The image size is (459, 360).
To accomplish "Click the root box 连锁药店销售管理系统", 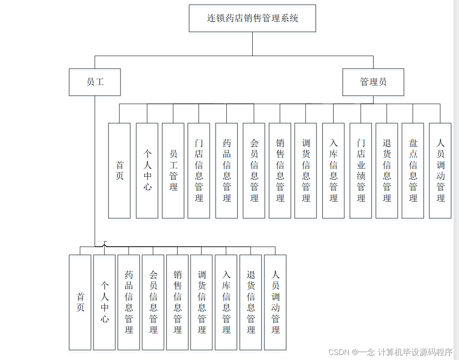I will pyautogui.click(x=252, y=18).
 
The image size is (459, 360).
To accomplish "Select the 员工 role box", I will pyautogui.click(x=95, y=82).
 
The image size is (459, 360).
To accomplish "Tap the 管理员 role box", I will pyautogui.click(x=373, y=82).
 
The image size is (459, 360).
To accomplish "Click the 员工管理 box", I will pyautogui.click(x=173, y=170).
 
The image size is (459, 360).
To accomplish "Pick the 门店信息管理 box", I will pyautogui.click(x=199, y=170).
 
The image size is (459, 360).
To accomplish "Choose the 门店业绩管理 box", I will pyautogui.click(x=361, y=170).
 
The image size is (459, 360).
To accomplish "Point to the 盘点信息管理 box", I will pyautogui.click(x=413, y=170).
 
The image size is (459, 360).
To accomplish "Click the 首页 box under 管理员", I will pyautogui.click(x=119, y=170).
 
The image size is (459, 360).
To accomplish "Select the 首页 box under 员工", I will pyautogui.click(x=80, y=302).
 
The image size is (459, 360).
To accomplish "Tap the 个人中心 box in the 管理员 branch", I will pyautogui.click(x=147, y=170).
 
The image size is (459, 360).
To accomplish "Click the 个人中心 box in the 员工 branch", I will pyautogui.click(x=104, y=302).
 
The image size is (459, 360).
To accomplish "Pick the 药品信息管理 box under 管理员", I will pyautogui.click(x=226, y=170).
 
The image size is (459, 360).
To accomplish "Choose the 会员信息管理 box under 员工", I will pyautogui.click(x=153, y=302).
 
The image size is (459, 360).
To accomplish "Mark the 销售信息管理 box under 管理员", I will pyautogui.click(x=280, y=170).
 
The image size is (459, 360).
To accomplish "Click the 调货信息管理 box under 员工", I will pyautogui.click(x=202, y=302).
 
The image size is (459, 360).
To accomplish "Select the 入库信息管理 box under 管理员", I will pyautogui.click(x=333, y=170).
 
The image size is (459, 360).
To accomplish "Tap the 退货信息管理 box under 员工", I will pyautogui.click(x=251, y=302).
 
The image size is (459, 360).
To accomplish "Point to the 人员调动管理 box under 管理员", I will pyautogui.click(x=440, y=170).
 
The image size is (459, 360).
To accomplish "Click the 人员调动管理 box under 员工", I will pyautogui.click(x=275, y=302).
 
